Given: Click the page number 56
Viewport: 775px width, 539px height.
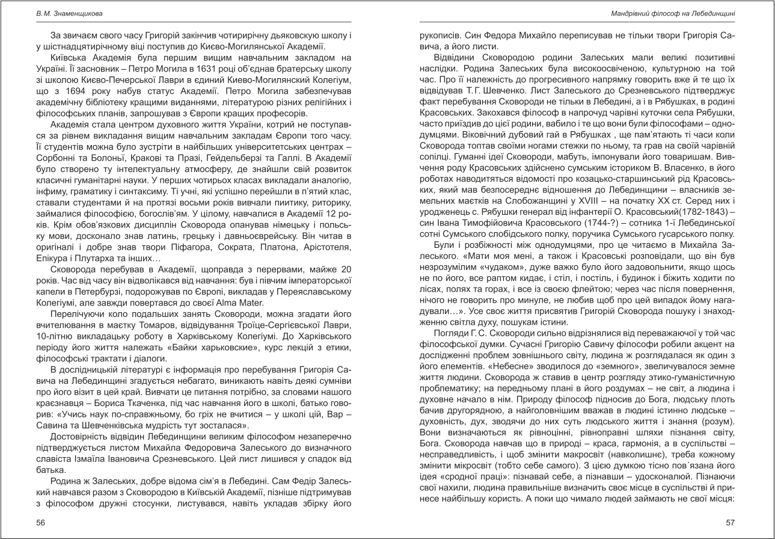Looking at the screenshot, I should (x=40, y=523).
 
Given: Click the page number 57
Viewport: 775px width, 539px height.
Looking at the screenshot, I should (x=731, y=523).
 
